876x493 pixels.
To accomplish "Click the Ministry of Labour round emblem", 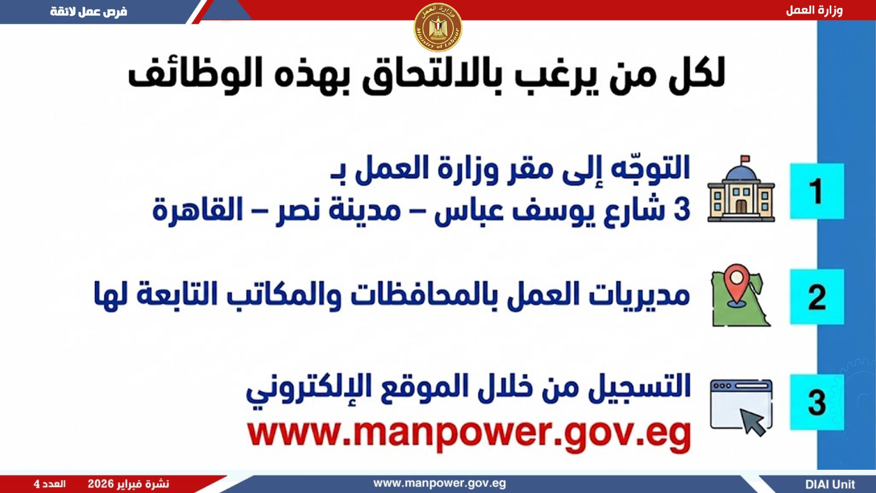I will click(438, 28).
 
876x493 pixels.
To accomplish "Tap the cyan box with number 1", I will click(817, 191).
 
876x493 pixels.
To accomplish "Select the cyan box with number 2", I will click(817, 297).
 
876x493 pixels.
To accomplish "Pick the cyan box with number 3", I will click(817, 402).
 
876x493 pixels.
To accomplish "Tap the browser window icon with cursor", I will click(741, 407).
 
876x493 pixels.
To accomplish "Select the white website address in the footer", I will click(439, 483).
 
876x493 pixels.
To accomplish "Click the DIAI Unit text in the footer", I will click(830, 484).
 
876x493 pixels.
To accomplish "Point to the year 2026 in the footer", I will click(100, 484).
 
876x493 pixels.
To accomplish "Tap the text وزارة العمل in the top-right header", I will click(814, 10).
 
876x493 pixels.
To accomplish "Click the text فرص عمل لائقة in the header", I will click(88, 11).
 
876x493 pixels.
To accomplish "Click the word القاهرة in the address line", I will click(198, 209).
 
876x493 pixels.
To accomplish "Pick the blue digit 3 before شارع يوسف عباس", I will click(682, 209).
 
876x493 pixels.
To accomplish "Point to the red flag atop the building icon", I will click(745, 159).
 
